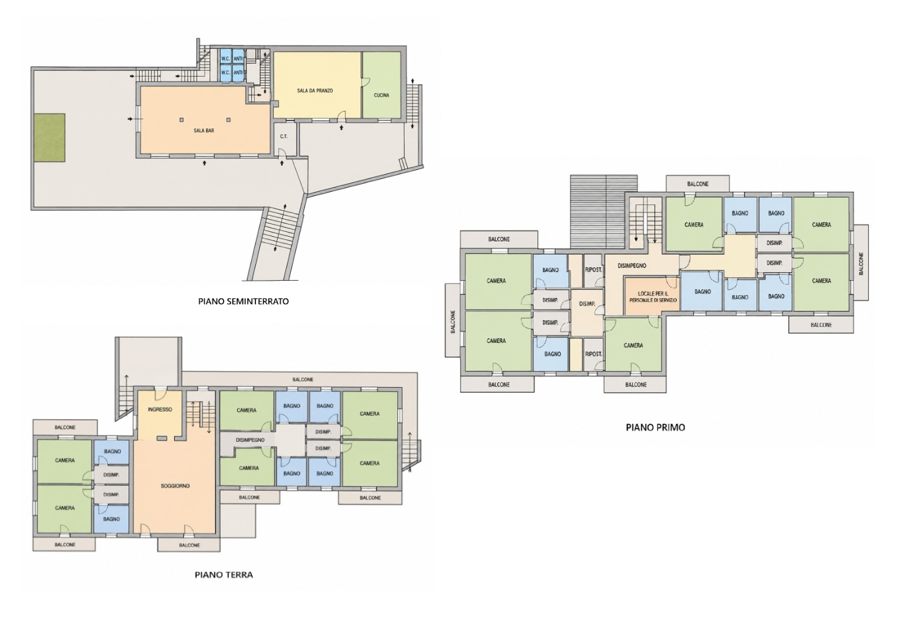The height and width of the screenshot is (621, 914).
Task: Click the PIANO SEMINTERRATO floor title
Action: (243, 302)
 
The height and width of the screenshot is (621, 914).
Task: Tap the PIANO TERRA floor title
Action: (224, 575)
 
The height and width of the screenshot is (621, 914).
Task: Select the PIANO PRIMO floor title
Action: (655, 427)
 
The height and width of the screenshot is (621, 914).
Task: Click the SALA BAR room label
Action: (204, 131)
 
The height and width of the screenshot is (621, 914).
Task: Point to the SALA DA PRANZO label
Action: (315, 91)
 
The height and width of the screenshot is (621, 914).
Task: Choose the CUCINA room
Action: (381, 85)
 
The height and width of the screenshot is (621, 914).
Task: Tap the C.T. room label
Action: (283, 136)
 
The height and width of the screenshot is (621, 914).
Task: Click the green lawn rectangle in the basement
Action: (49, 138)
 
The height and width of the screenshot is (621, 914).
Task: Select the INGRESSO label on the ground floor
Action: (160, 409)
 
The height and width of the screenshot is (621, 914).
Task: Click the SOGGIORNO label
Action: (175, 486)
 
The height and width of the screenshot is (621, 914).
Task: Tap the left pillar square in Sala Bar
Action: (182, 120)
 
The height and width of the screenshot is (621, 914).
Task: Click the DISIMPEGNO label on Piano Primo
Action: (632, 266)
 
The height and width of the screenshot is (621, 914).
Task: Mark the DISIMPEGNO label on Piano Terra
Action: (250, 440)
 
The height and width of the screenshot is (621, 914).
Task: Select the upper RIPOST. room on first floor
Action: (593, 270)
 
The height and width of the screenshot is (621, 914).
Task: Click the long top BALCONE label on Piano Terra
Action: (303, 380)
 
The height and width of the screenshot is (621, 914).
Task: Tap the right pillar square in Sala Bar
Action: (228, 120)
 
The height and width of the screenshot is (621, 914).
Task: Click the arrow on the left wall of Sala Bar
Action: (130, 119)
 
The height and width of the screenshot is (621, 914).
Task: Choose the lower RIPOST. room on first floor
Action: (593, 354)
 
